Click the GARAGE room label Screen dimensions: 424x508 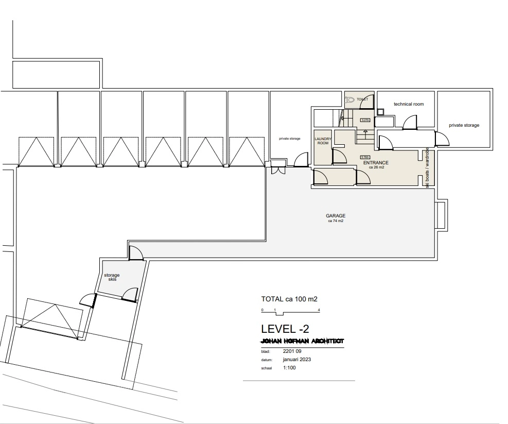[335, 216]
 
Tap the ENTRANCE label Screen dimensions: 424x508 [376, 163]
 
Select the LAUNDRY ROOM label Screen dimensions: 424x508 [323, 141]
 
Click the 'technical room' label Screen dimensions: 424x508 [409, 104]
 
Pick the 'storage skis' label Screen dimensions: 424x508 [112, 277]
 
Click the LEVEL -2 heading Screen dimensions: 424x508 [285, 329]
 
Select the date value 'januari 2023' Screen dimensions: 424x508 [297, 360]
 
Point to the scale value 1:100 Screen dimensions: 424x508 [289, 368]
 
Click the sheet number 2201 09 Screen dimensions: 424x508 [292, 351]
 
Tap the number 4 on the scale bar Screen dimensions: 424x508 [320, 310]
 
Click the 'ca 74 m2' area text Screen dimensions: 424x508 [335, 221]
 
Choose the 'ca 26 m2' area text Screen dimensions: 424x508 [376, 167]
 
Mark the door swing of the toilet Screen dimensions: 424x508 [367, 102]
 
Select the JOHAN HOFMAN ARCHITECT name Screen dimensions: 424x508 [302, 341]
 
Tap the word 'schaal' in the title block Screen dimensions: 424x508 [267, 368]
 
